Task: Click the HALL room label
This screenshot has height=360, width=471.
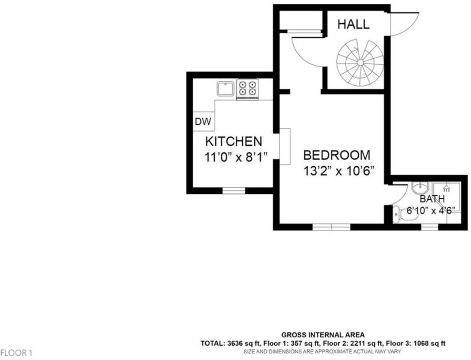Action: pyautogui.click(x=353, y=24)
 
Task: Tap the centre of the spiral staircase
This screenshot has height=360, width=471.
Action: pyautogui.click(x=360, y=62)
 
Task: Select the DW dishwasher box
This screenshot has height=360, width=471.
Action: pyautogui.click(x=203, y=121)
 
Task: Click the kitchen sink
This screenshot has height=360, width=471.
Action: pyautogui.click(x=226, y=88)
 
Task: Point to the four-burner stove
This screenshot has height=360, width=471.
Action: pyautogui.click(x=248, y=89)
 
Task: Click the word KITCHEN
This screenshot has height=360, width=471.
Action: pyautogui.click(x=233, y=141)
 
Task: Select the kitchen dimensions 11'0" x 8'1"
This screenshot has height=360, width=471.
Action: pyautogui.click(x=236, y=157)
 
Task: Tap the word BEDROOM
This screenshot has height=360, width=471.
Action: pyautogui.click(x=337, y=155)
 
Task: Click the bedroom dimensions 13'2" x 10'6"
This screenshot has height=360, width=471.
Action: pyautogui.click(x=338, y=171)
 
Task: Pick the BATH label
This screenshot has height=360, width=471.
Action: pyautogui.click(x=432, y=199)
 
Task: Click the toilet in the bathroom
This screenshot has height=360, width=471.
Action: pyautogui.click(x=404, y=214)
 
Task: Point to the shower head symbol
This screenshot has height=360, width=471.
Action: pyautogui.click(x=446, y=188)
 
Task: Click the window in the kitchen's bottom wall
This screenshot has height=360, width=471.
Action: pyautogui.click(x=233, y=191)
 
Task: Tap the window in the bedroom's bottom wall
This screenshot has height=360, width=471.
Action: pyautogui.click(x=332, y=227)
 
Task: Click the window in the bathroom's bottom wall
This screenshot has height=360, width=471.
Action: pyautogui.click(x=430, y=227)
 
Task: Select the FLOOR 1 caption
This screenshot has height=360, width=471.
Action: pyautogui.click(x=16, y=353)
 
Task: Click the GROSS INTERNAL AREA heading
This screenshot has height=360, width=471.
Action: pyautogui.click(x=323, y=335)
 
